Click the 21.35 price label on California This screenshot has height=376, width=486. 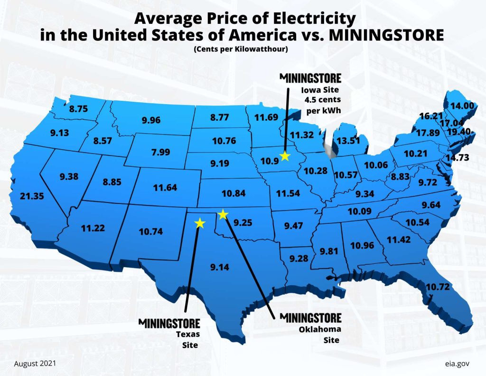tap(31, 195)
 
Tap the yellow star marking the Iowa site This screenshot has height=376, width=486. tap(285, 155)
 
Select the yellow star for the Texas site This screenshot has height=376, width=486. tap(200, 222)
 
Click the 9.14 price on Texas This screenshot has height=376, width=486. tap(220, 267)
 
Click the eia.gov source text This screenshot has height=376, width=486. tap(457, 363)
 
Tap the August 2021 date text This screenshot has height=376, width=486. tap(35, 363)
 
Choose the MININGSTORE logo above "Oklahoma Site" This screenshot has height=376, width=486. tap(310, 317)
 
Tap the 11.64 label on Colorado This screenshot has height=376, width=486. tap(165, 187)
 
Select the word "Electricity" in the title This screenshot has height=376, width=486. tap(308, 19)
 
